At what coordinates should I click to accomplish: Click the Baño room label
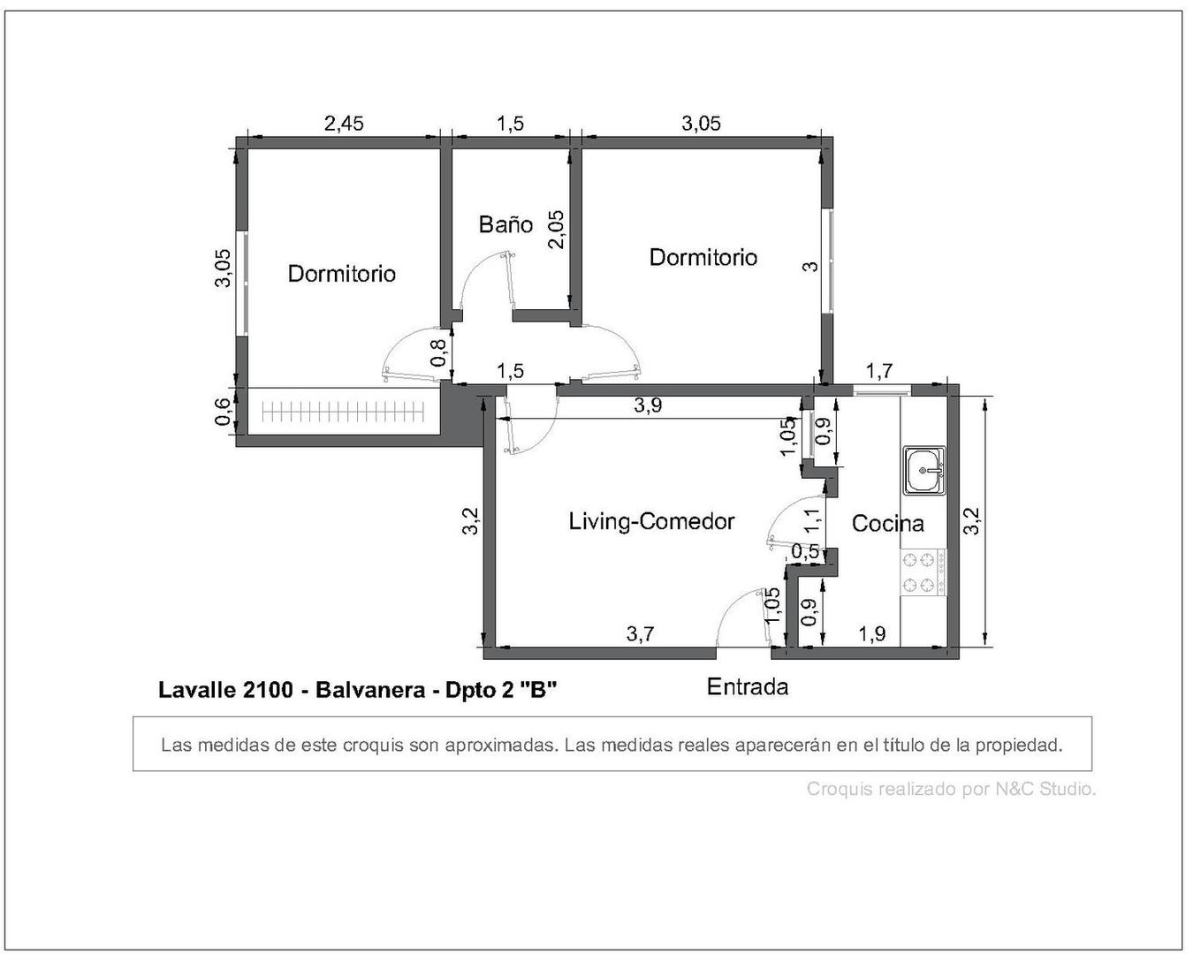505,224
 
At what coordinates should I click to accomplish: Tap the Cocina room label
887,523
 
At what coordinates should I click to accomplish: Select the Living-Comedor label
651,521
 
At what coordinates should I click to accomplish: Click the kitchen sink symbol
924,470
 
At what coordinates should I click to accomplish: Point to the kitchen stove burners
920,572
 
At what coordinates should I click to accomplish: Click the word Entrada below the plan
748,686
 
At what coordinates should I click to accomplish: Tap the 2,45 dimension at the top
344,123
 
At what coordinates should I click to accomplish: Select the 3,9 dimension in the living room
648,405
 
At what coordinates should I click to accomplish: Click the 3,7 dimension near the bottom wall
640,633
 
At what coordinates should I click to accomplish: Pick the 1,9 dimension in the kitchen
871,633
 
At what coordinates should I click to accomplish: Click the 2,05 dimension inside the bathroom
556,229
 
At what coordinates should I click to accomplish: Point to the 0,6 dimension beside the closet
224,412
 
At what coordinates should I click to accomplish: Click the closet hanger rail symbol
343,411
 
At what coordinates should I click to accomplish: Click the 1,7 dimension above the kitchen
878,371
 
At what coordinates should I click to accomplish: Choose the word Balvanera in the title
370,690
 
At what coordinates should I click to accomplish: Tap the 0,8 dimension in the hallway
437,353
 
